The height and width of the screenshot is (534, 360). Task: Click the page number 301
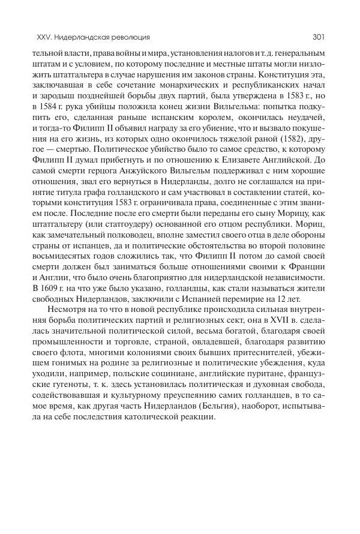tap(318, 37)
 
